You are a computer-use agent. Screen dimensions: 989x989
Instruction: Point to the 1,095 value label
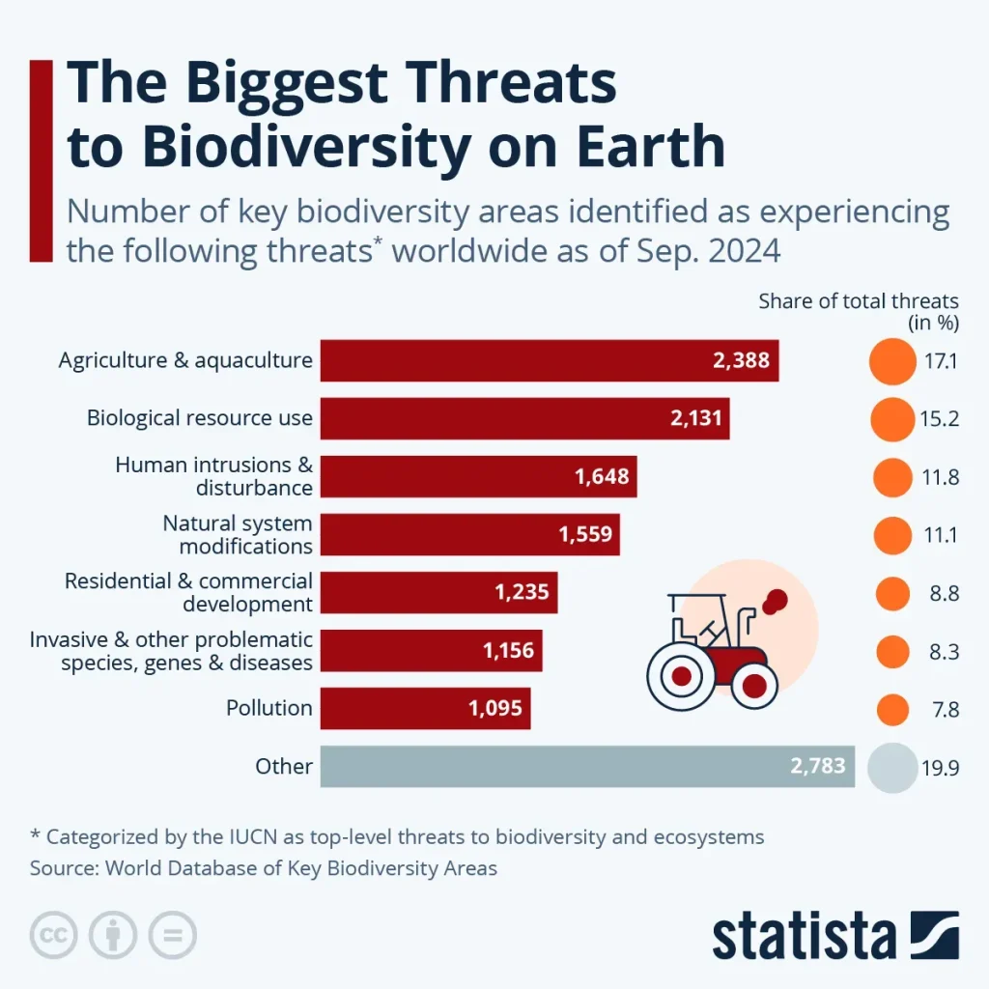495,708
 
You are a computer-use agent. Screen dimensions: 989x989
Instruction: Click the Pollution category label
269,708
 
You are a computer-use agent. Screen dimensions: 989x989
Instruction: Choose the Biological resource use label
200,418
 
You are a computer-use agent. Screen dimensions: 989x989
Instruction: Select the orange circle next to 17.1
891,361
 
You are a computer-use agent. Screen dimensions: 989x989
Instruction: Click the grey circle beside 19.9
891,768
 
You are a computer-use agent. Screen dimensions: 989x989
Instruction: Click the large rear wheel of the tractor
681,674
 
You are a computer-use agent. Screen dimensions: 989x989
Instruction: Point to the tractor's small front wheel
754,685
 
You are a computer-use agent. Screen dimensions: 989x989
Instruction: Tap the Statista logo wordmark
805,936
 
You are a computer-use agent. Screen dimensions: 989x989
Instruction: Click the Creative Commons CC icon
55,935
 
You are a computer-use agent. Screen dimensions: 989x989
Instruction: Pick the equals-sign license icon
172,935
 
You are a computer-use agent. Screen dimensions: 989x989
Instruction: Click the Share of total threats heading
859,301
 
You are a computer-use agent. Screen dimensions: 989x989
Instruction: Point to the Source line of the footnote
264,868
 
